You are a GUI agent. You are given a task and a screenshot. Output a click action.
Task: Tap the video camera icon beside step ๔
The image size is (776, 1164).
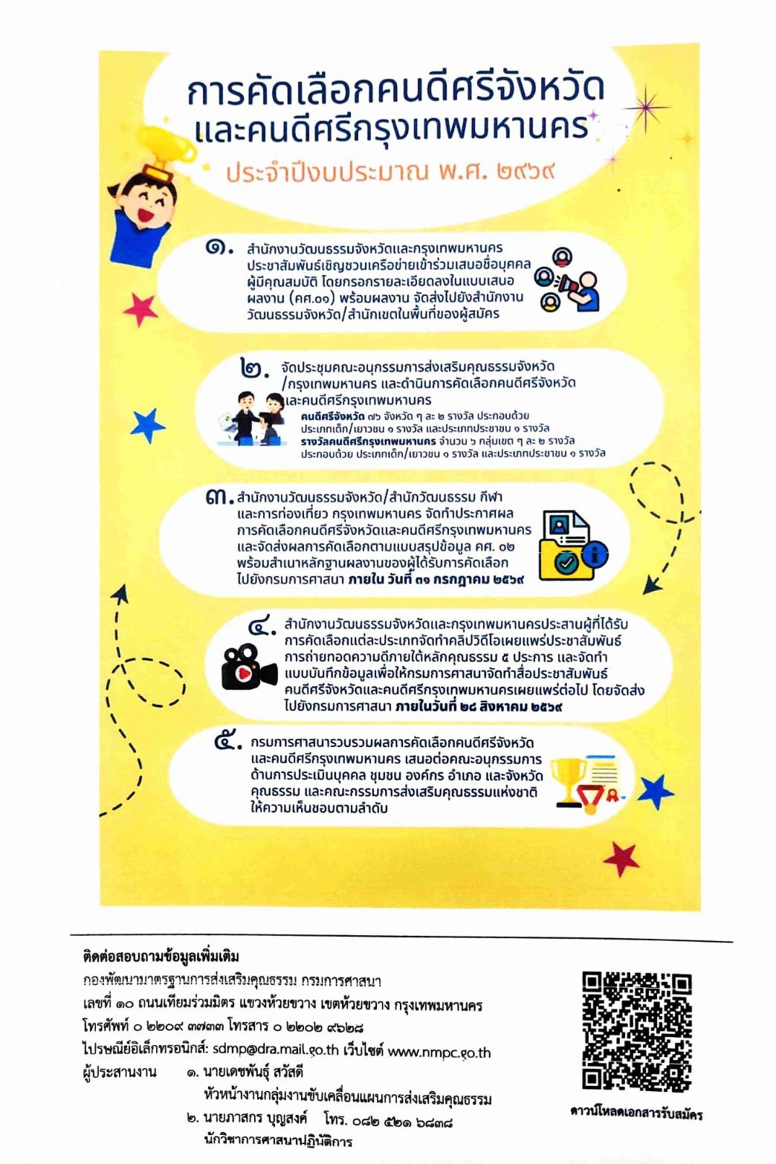pyautogui.click(x=248, y=665)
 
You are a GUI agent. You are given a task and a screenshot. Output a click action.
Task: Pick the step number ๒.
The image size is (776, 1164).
pyautogui.click(x=254, y=367)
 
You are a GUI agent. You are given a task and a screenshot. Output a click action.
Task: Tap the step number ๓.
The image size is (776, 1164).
pyautogui.click(x=219, y=497)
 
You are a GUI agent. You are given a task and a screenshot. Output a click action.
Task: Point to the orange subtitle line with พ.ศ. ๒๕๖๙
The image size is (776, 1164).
pyautogui.click(x=391, y=172)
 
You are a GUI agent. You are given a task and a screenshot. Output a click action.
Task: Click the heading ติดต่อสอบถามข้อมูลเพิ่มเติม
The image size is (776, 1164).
pyautogui.click(x=161, y=956)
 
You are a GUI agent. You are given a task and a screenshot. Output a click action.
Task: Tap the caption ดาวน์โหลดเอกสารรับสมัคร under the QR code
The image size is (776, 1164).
pyautogui.click(x=636, y=1113)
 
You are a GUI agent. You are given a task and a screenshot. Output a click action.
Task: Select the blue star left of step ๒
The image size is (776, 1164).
pyautogui.click(x=148, y=425)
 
